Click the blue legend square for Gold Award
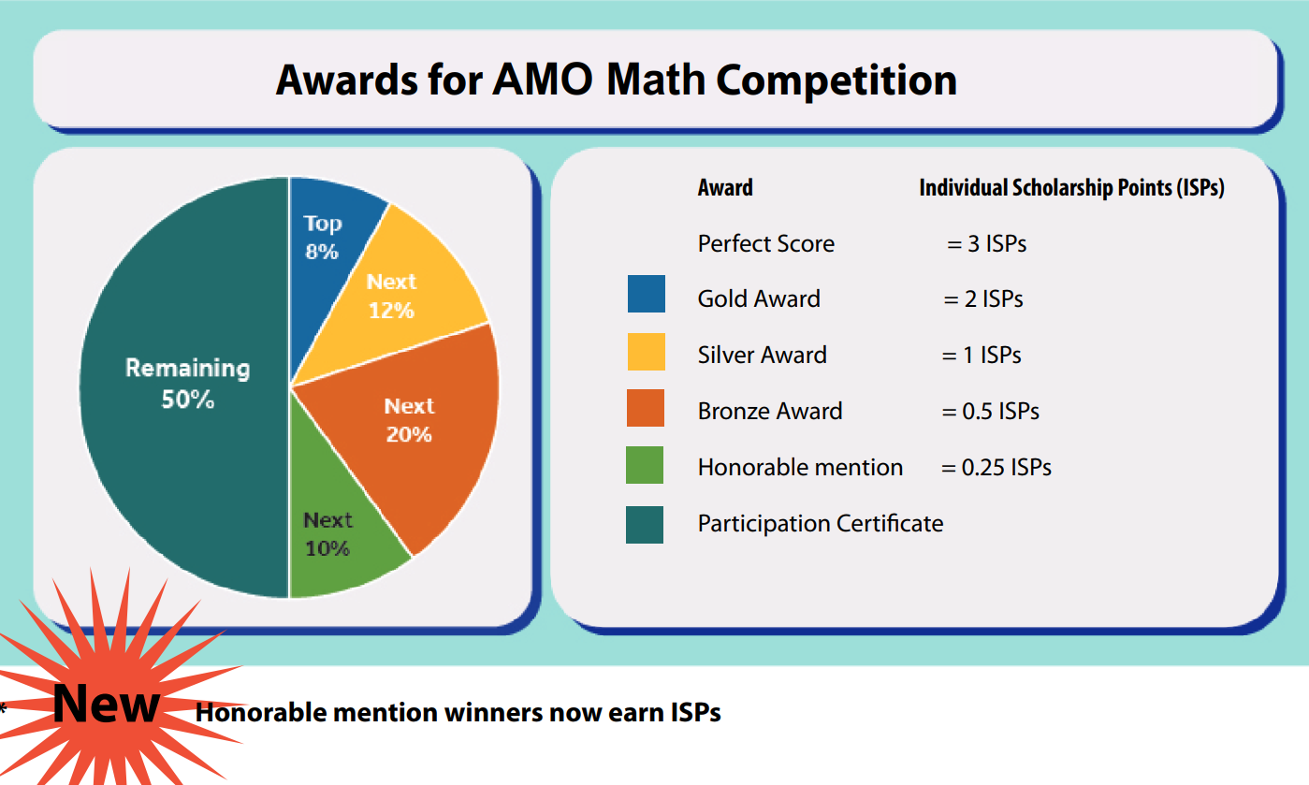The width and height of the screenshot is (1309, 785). [647, 294]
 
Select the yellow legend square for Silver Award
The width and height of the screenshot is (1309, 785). [647, 351]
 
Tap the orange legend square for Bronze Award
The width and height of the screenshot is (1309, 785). [646, 408]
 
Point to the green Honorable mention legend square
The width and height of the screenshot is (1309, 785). [645, 465]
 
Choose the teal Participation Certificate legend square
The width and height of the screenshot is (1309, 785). [645, 524]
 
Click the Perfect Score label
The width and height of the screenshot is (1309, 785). [766, 244]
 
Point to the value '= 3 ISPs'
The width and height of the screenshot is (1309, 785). [986, 244]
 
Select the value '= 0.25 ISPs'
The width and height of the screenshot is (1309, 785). [996, 468]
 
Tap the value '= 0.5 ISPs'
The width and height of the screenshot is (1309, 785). [991, 412]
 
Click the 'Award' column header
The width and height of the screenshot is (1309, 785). [725, 188]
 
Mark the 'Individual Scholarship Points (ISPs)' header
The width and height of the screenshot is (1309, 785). [1071, 188]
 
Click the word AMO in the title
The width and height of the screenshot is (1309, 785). [543, 80]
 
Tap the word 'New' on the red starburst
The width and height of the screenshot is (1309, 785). [107, 704]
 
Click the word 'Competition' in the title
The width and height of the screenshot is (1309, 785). [836, 80]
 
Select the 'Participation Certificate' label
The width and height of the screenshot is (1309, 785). [821, 524]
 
